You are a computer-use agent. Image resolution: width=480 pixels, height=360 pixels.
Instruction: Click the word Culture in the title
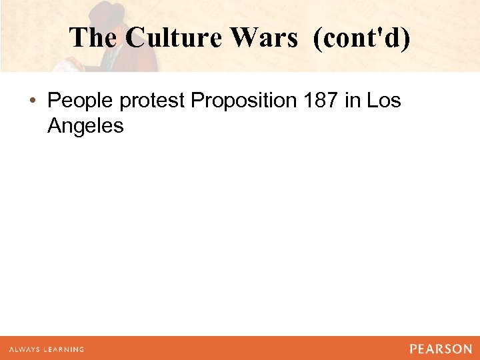click(169, 38)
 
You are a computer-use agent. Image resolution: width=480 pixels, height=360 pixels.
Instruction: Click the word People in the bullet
click(81, 101)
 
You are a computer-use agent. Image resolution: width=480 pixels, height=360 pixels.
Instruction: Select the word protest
click(153, 101)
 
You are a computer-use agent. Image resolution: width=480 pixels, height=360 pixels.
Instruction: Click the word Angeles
click(85, 125)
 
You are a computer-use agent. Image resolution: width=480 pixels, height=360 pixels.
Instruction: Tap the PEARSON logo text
click(441, 349)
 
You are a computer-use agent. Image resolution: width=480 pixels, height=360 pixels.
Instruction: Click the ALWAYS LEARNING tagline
click(47, 349)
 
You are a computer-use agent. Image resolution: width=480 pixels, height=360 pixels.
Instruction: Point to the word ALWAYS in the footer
click(23, 349)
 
